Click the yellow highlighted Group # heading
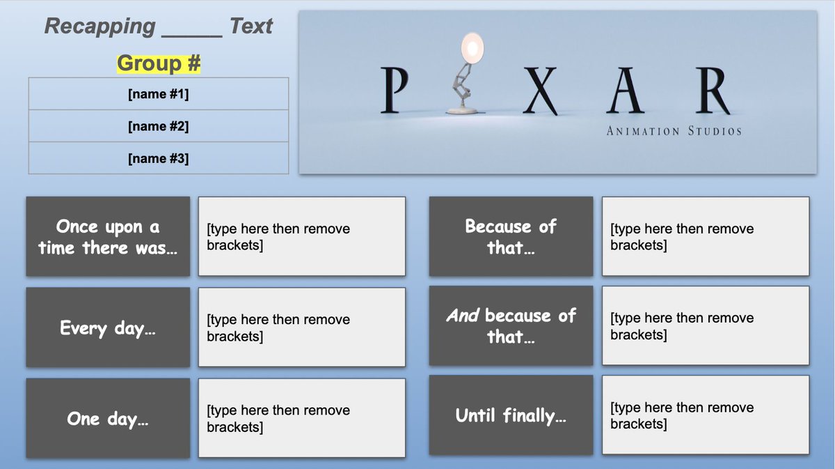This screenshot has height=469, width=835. click(159, 63)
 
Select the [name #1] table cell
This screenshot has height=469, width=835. click(159, 94)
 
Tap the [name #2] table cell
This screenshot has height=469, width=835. click(159, 126)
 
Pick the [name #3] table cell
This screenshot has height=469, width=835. click(159, 158)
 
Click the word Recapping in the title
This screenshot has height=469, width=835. click(100, 26)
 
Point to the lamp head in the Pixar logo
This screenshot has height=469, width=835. click(472, 49)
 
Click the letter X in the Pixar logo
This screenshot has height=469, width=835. click(539, 91)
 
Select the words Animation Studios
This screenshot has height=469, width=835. click(674, 131)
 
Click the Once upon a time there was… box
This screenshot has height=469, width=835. click(108, 237)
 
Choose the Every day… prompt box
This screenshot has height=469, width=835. click(108, 328)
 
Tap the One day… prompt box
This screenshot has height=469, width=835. click(108, 418)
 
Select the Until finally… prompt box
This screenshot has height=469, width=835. click(511, 415)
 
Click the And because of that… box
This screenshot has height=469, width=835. click(511, 325)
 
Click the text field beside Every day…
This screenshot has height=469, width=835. click(301, 328)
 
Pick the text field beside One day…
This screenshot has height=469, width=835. click(301, 418)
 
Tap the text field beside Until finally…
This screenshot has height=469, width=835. click(705, 415)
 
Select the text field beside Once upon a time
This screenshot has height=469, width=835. click(301, 237)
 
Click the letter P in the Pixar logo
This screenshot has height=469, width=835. click(395, 91)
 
